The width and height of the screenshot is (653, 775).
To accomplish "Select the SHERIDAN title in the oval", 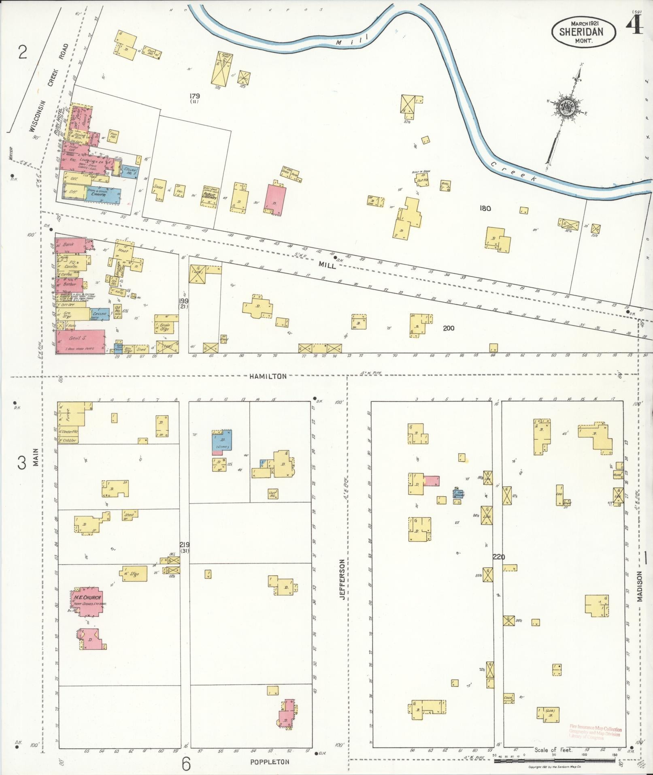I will pyautogui.click(x=581, y=32).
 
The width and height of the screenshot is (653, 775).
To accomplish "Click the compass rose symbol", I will pyautogui.click(x=566, y=108).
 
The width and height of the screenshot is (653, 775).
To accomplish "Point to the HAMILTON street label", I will pyautogui.click(x=268, y=376).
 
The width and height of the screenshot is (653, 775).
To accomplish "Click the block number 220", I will pyautogui.click(x=499, y=557).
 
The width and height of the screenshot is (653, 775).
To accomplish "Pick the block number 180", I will pyautogui.click(x=485, y=208).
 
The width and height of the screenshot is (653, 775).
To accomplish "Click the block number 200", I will pyautogui.click(x=448, y=328).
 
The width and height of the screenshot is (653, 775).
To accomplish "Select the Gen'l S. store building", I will pyautogui.click(x=81, y=342).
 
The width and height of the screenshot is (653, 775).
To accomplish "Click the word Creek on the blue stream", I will pyautogui.click(x=513, y=171).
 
